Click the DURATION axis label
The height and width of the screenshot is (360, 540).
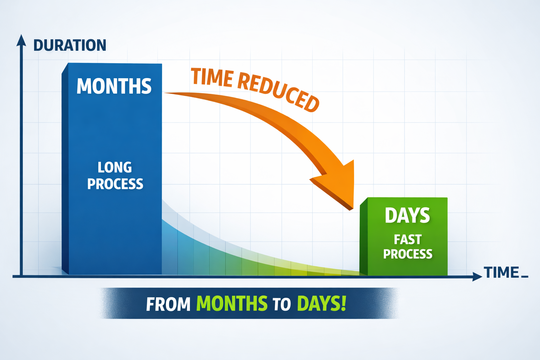70,45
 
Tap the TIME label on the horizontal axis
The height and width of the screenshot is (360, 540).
501,272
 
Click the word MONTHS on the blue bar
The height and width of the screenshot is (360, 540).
114,86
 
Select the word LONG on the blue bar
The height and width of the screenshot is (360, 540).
115,167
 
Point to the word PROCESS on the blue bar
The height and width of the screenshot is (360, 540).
115,184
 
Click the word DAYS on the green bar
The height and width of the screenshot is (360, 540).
407,215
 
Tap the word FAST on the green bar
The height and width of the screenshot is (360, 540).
407,239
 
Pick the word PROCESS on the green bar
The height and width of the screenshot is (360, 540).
407,254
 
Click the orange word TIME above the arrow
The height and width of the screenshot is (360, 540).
212,77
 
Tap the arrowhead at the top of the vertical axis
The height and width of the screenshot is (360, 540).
21,40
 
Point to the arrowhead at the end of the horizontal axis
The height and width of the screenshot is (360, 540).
477,276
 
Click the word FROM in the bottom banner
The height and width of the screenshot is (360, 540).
168,304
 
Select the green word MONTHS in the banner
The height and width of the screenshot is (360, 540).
232,303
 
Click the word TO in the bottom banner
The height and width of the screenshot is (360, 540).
282,304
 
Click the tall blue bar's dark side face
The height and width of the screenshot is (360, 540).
65,169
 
